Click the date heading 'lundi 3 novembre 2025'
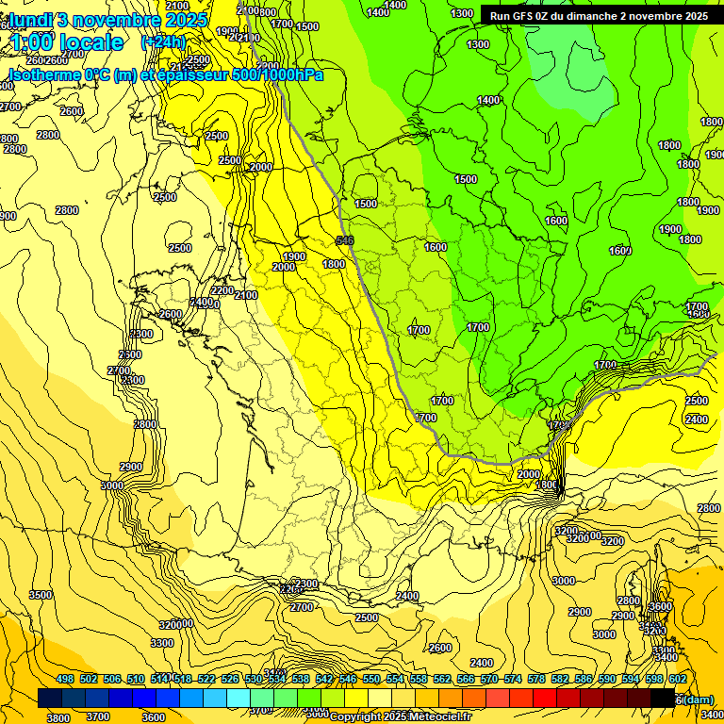pos(108,19)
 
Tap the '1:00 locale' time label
pos(67,42)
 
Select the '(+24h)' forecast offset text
pos(163,42)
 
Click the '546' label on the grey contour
pos(344,241)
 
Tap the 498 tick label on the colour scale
pos(65,679)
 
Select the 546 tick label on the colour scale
pos(348,679)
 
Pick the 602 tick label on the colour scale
pos(678,679)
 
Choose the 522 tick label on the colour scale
pos(206,679)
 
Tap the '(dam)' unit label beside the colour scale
pos(699,699)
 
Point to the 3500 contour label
pos(41,595)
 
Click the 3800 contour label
pos(58,717)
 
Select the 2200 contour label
pos(222,290)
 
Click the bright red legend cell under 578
pos(545,698)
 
